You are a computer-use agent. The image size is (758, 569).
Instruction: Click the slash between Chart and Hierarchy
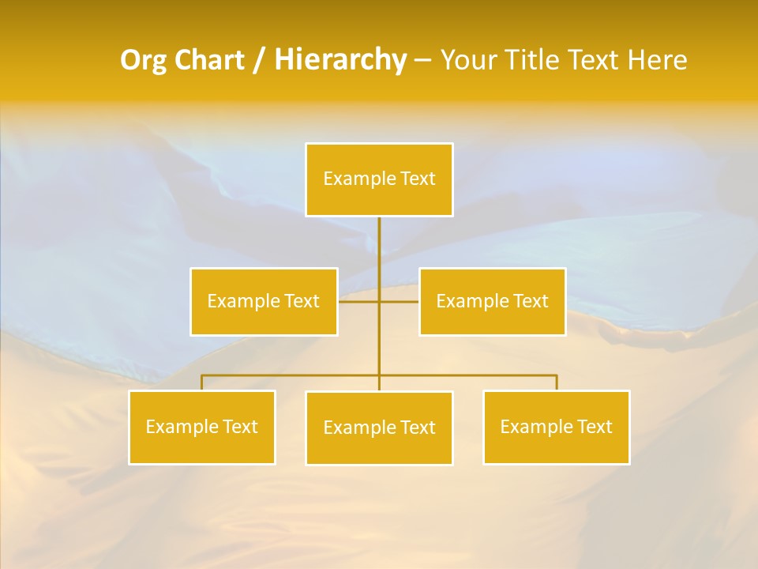pos(259,61)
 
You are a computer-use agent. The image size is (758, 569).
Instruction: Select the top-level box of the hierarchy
pos(379,179)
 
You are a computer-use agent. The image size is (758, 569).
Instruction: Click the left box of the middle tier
pos(264,301)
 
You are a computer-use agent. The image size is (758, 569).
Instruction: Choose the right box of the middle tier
pos(492,301)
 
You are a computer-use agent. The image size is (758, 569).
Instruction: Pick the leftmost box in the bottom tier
pos(201,427)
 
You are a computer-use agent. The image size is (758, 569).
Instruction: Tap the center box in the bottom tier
pos(379,428)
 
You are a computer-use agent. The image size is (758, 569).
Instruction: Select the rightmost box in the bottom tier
pos(556,427)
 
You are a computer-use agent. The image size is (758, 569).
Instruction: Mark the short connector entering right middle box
pos(403,301)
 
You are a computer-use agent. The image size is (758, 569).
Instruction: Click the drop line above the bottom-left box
pos(201,382)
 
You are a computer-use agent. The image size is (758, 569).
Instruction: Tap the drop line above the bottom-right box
pos(557,382)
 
